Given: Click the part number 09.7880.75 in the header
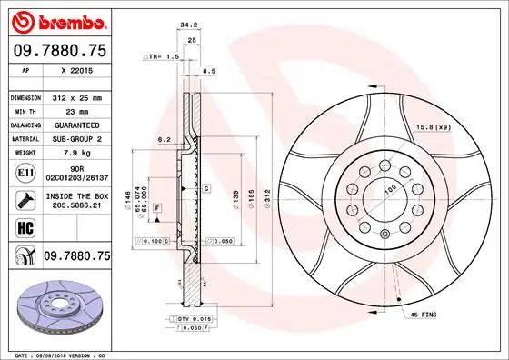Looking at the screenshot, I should (x=60, y=52).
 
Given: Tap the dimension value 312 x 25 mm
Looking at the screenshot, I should (x=77, y=96).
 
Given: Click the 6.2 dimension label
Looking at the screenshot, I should (x=165, y=140).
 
